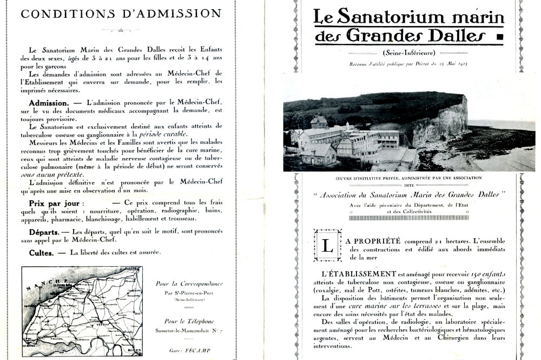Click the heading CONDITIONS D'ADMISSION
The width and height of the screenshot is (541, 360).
click(121, 14)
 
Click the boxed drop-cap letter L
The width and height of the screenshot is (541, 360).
click(327, 245)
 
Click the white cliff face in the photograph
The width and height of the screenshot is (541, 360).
click(438, 122)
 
